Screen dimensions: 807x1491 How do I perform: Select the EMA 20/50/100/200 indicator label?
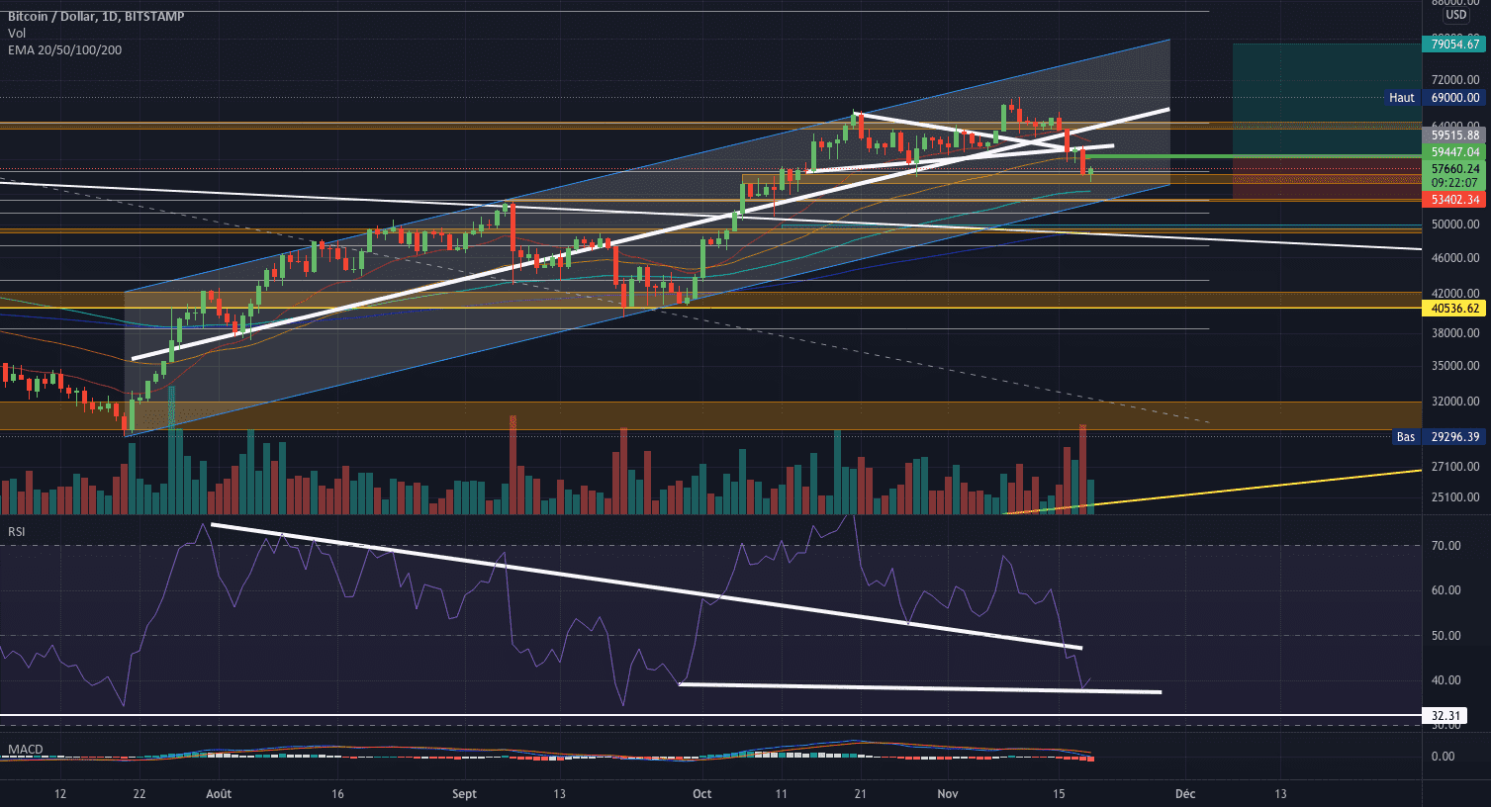point(65,49)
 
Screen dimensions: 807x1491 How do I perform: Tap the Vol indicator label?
point(17,34)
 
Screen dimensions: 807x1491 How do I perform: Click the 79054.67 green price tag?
point(1454,44)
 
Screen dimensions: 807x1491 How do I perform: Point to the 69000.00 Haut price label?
point(1454,98)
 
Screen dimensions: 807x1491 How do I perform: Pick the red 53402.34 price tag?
point(1454,200)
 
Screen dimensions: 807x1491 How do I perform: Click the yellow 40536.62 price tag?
point(1454,309)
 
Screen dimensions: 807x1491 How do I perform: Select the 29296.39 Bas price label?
point(1454,437)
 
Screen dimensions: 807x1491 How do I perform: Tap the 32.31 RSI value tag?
point(1445,715)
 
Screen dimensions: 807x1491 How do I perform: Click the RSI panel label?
point(17,532)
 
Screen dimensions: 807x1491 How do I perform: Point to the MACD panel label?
point(25,750)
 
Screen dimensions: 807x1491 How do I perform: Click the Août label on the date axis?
point(219,794)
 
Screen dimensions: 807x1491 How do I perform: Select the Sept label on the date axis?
point(464,794)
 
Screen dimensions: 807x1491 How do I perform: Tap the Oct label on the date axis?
point(702,794)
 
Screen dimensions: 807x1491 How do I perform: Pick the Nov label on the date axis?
point(948,794)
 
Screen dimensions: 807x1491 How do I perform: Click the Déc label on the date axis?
point(1185,794)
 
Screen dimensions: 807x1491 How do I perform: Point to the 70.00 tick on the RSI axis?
point(1445,546)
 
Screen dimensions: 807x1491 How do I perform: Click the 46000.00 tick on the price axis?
point(1454,258)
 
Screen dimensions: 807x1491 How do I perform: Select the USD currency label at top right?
point(1455,15)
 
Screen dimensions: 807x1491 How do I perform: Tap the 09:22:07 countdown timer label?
point(1454,183)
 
